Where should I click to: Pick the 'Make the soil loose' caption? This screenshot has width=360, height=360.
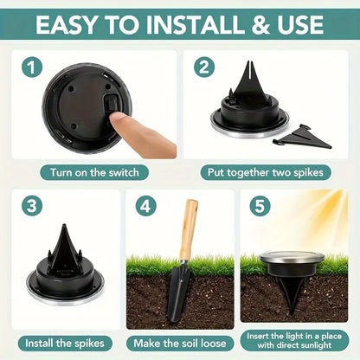pos(179,344)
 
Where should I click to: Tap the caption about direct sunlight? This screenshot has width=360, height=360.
pos(294,343)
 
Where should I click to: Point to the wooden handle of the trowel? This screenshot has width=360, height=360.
pos(188,229)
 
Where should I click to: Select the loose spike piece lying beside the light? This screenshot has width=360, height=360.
pos(303,137)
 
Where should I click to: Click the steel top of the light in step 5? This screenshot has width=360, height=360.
pos(292,256)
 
